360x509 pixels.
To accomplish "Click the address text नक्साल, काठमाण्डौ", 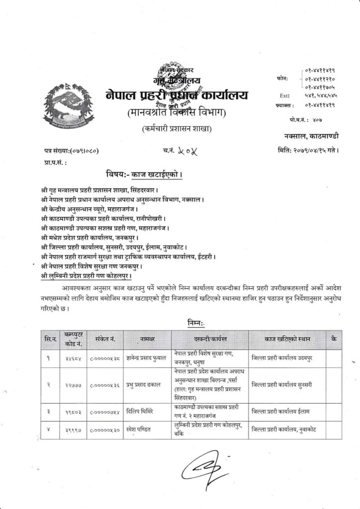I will click(310, 135).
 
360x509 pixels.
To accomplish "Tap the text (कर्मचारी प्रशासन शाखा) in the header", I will click(177, 129).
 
